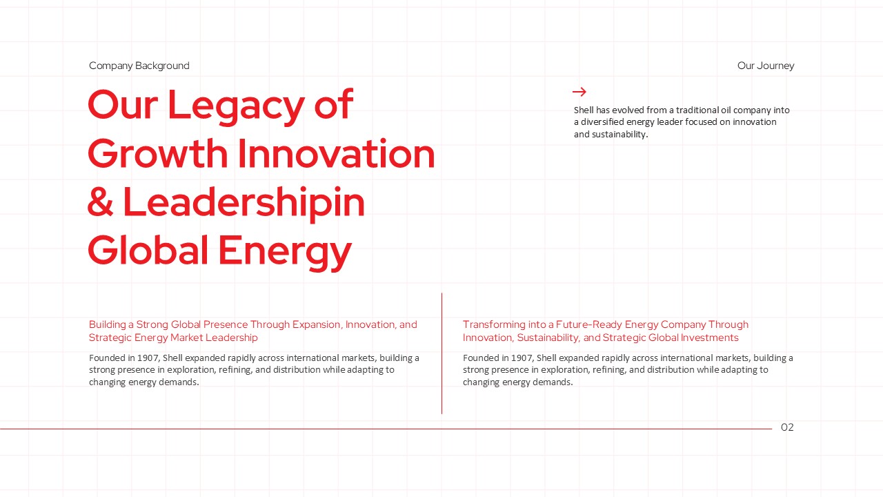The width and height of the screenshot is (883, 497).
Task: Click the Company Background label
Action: click(x=139, y=66)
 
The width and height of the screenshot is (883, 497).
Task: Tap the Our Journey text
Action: click(x=766, y=66)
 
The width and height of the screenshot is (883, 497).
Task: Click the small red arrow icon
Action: click(x=579, y=92)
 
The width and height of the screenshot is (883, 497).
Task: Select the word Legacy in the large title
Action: click(x=236, y=106)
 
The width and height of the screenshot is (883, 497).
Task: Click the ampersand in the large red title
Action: click(x=101, y=202)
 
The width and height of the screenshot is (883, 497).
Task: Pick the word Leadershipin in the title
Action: click(x=244, y=204)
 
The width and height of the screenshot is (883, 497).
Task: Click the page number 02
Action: click(x=787, y=427)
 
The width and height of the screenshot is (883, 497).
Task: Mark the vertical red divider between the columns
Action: click(x=442, y=353)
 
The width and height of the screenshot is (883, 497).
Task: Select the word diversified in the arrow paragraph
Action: click(x=602, y=122)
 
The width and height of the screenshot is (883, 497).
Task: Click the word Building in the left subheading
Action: click(x=107, y=324)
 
